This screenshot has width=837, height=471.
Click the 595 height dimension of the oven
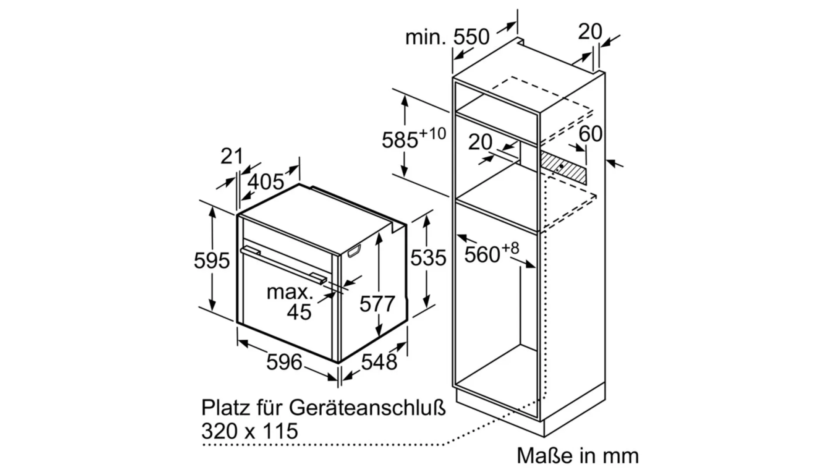click(x=211, y=260)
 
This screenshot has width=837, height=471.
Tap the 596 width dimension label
click(x=284, y=362)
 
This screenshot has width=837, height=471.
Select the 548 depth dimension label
click(x=379, y=362)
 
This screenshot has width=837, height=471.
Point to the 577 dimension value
click(x=378, y=304)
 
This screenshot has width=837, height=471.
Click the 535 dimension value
click(x=428, y=258)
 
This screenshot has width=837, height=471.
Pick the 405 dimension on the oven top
click(x=266, y=181)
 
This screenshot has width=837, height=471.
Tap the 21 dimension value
click(x=231, y=156)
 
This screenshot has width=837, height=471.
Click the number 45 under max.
click(x=299, y=312)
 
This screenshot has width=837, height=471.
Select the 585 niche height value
click(x=400, y=140)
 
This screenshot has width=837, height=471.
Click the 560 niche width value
click(x=482, y=254)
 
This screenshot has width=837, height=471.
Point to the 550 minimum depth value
click(x=471, y=37)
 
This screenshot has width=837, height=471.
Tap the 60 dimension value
click(x=590, y=134)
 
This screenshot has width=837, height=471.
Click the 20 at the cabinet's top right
click(x=590, y=31)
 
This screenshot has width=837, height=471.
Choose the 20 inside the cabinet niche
click(x=480, y=142)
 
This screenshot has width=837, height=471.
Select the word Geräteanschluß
click(x=367, y=408)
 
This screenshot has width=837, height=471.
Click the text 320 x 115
click(x=250, y=431)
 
